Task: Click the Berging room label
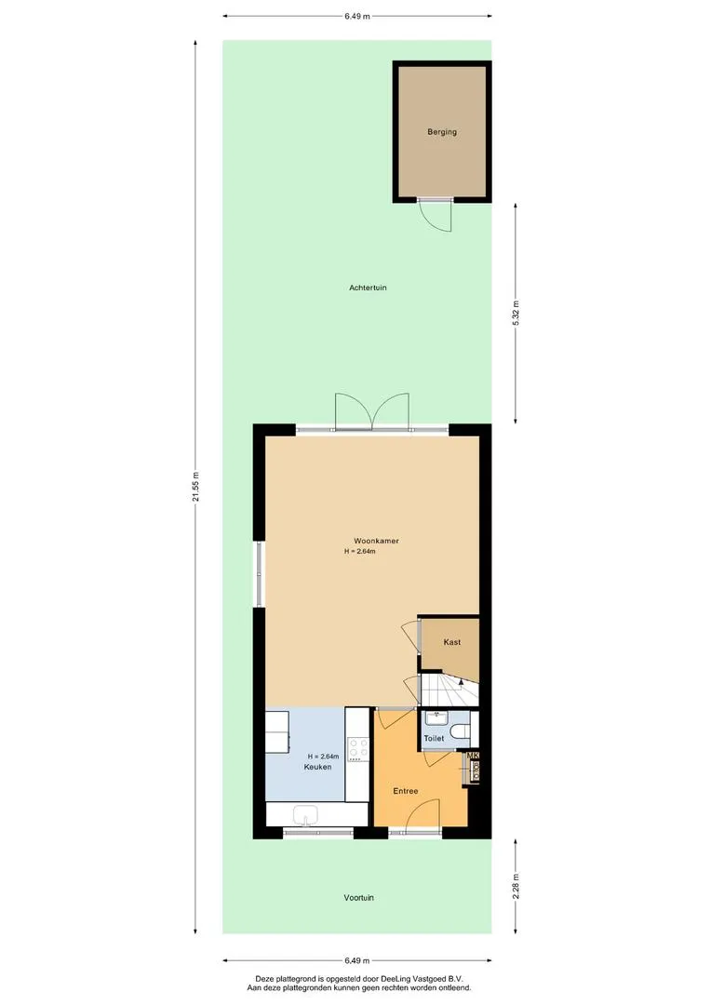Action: tap(442, 132)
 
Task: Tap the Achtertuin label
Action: tap(368, 288)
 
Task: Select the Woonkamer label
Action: tap(376, 541)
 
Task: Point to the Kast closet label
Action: tap(452, 641)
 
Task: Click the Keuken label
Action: tap(317, 767)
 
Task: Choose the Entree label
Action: tap(405, 791)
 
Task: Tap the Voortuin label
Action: tap(358, 897)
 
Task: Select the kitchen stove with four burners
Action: tap(358, 748)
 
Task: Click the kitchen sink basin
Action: tap(306, 815)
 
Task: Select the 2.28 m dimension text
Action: tap(516, 886)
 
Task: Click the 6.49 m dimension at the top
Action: tap(357, 16)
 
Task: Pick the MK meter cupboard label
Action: tap(474, 756)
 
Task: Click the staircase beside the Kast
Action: tap(449, 689)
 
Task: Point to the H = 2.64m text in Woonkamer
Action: tap(359, 551)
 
